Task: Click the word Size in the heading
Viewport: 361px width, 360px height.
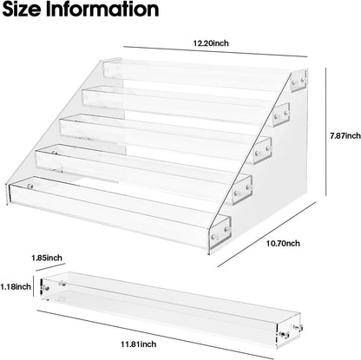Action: point(22,9)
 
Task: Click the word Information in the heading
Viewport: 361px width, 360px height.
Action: point(102,9)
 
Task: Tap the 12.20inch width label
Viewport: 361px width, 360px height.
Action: point(211,43)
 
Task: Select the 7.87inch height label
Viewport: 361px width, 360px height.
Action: point(345,135)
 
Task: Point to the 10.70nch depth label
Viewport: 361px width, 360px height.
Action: point(283,244)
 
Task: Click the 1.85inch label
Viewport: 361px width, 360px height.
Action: point(47,258)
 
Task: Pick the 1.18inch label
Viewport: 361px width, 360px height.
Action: point(16,286)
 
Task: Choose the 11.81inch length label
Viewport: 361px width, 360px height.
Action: point(139,344)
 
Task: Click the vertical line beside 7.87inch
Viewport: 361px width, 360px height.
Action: point(326,132)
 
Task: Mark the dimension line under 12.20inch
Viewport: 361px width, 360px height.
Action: point(215,51)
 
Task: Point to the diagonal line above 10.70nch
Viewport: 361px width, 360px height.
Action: point(258,233)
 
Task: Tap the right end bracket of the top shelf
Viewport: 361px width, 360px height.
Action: point(299,82)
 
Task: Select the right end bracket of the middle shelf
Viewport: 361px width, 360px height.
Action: point(263,151)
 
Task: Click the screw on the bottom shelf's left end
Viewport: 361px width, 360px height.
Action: point(30,187)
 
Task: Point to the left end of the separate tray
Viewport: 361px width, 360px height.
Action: point(44,289)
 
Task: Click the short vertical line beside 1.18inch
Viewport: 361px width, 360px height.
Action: point(34,286)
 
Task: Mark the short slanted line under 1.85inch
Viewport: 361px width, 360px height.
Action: point(51,267)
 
